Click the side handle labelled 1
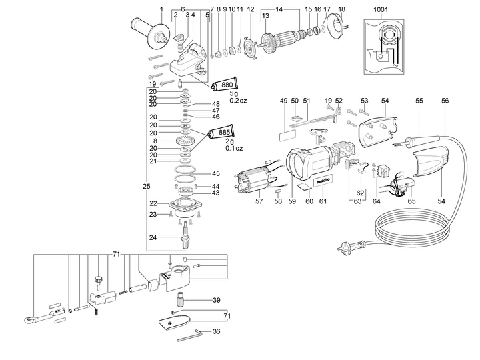coord(149,33)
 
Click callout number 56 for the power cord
coord(445,101)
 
